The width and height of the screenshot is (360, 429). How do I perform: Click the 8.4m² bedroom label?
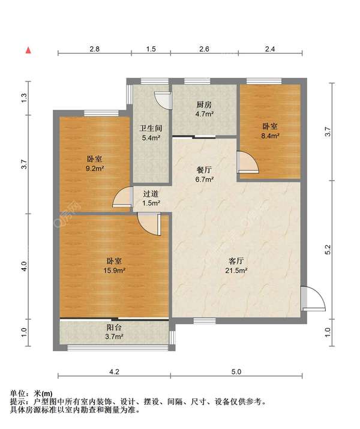269,131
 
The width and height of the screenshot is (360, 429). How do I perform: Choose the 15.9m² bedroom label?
115,265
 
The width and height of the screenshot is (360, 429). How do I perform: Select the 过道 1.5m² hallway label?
151,198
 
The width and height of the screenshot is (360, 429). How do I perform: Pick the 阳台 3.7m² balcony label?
115,332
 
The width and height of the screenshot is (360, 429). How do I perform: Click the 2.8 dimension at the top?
94,49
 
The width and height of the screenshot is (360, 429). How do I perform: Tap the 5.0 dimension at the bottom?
236,372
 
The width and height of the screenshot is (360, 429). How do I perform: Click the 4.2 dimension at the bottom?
115,372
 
